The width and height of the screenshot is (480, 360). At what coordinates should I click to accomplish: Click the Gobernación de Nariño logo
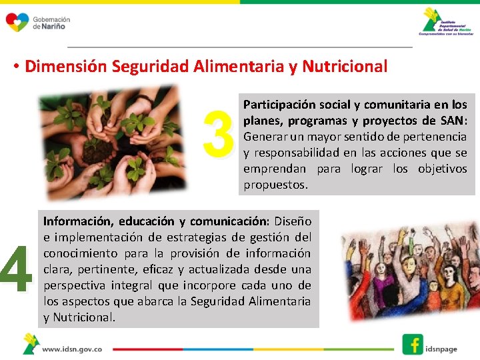click(37, 23)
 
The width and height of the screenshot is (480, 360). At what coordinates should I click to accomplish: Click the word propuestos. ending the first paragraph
click(275, 185)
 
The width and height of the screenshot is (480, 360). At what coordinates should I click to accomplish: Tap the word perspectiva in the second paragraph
click(73, 285)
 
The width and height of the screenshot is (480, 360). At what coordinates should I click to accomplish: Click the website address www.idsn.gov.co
click(72, 349)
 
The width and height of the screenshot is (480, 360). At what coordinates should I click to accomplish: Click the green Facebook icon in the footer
click(413, 344)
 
